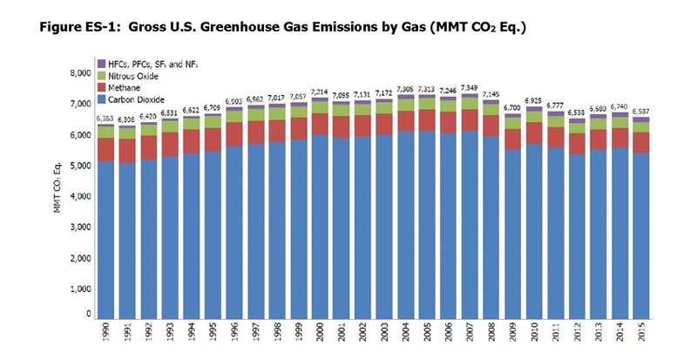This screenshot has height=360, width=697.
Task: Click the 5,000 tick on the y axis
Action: (x=79, y=166)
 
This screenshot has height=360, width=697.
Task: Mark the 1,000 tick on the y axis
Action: (x=79, y=289)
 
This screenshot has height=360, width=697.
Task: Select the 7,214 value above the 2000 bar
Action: (x=321, y=92)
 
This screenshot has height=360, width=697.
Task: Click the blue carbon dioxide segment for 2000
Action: (x=321, y=227)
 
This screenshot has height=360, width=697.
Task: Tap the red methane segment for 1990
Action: (x=106, y=149)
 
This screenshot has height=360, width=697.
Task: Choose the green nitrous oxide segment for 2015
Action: (x=642, y=126)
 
